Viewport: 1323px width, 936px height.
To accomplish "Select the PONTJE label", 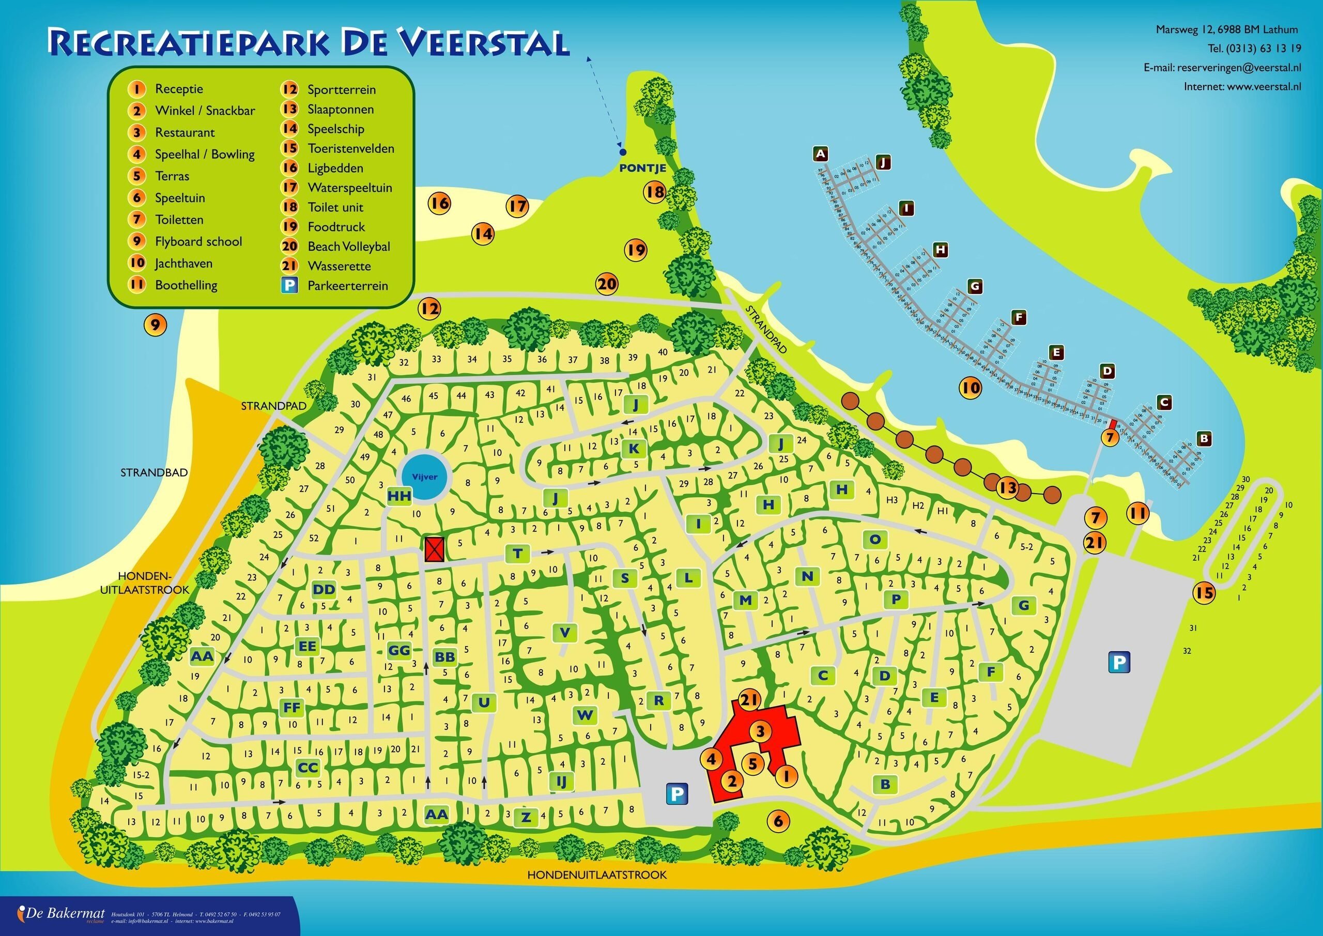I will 642,168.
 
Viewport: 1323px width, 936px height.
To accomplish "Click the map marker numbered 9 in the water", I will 155,326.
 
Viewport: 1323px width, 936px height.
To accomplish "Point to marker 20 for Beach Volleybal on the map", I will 607,284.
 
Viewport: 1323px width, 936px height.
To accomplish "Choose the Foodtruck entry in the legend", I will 336,226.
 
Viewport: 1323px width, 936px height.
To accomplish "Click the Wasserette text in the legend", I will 339,266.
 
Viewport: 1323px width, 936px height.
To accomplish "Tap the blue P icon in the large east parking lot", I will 1118,662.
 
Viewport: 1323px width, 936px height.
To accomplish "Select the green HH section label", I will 399,496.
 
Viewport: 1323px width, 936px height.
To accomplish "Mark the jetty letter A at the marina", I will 821,154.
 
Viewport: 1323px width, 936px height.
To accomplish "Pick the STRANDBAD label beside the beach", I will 154,472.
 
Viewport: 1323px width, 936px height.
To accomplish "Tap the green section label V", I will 565,632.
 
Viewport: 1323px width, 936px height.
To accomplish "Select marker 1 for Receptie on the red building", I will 787,776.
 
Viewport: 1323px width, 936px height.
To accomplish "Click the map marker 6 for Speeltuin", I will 778,820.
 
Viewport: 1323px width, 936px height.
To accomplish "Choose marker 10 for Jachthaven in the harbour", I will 972,388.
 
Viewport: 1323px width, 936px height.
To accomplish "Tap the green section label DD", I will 324,589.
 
